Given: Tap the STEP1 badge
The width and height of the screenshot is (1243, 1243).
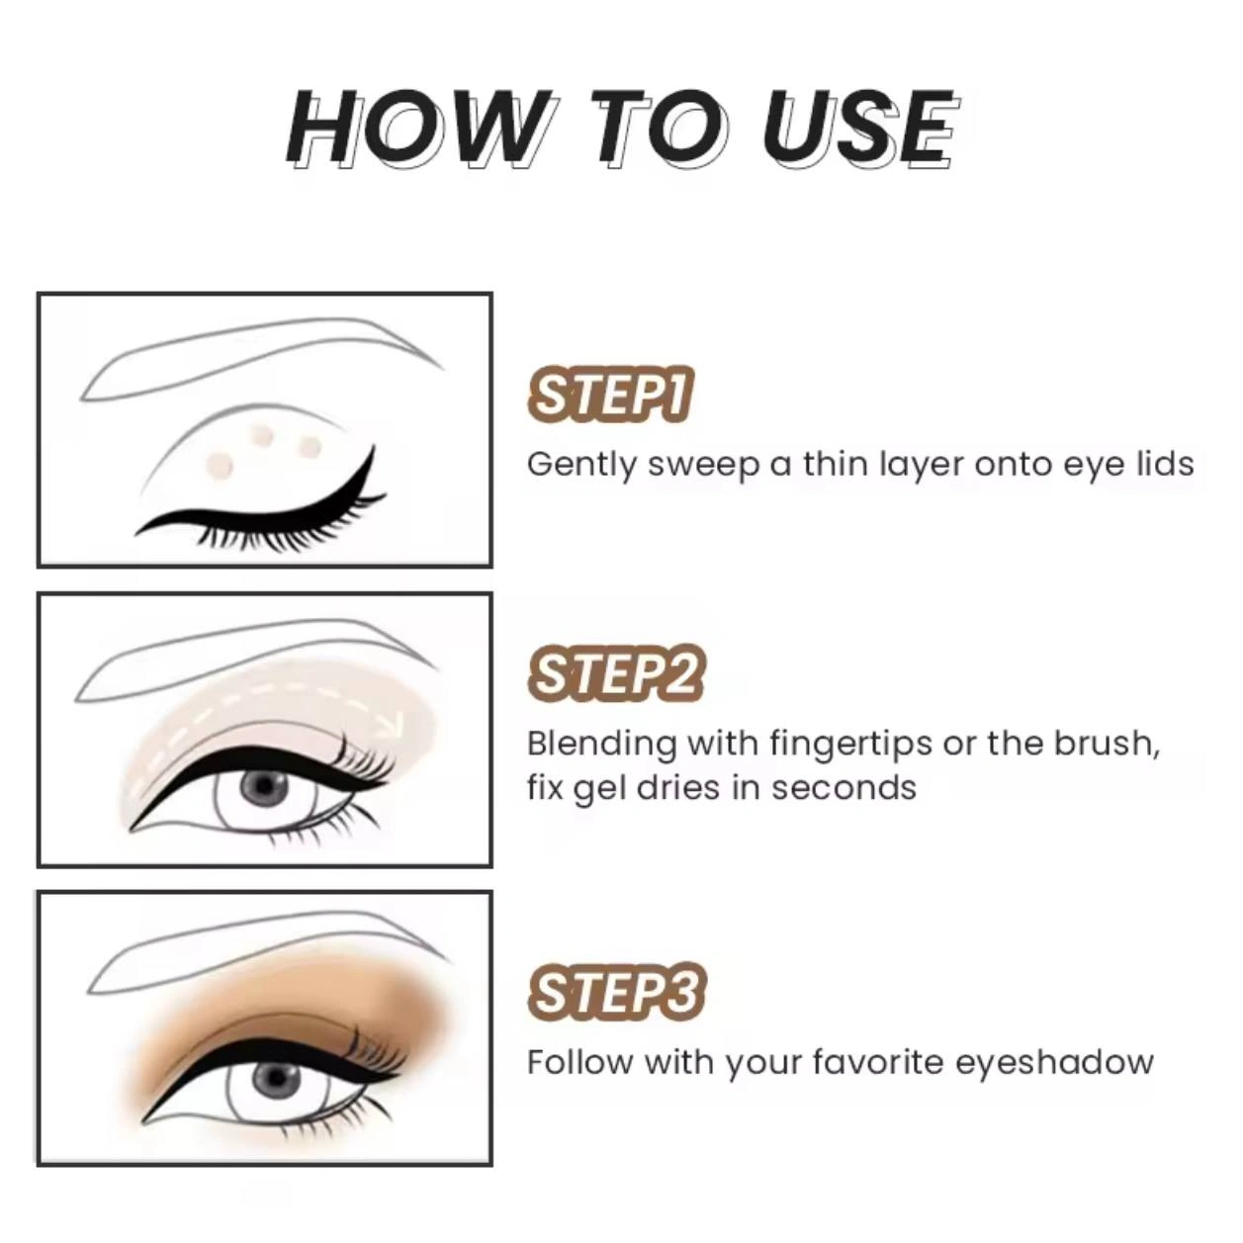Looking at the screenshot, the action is pos(609,395).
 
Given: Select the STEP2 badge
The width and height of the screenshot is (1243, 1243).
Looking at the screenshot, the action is pos(616,675).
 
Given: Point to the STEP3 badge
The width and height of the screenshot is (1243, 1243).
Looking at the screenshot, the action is pos(617,992).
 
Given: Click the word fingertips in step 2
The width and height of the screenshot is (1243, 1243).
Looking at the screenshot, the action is pos(850,745).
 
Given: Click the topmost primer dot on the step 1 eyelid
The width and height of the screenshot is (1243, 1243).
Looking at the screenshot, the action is pos(262,433).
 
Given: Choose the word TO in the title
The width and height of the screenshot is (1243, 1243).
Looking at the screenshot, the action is pos(659,129).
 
